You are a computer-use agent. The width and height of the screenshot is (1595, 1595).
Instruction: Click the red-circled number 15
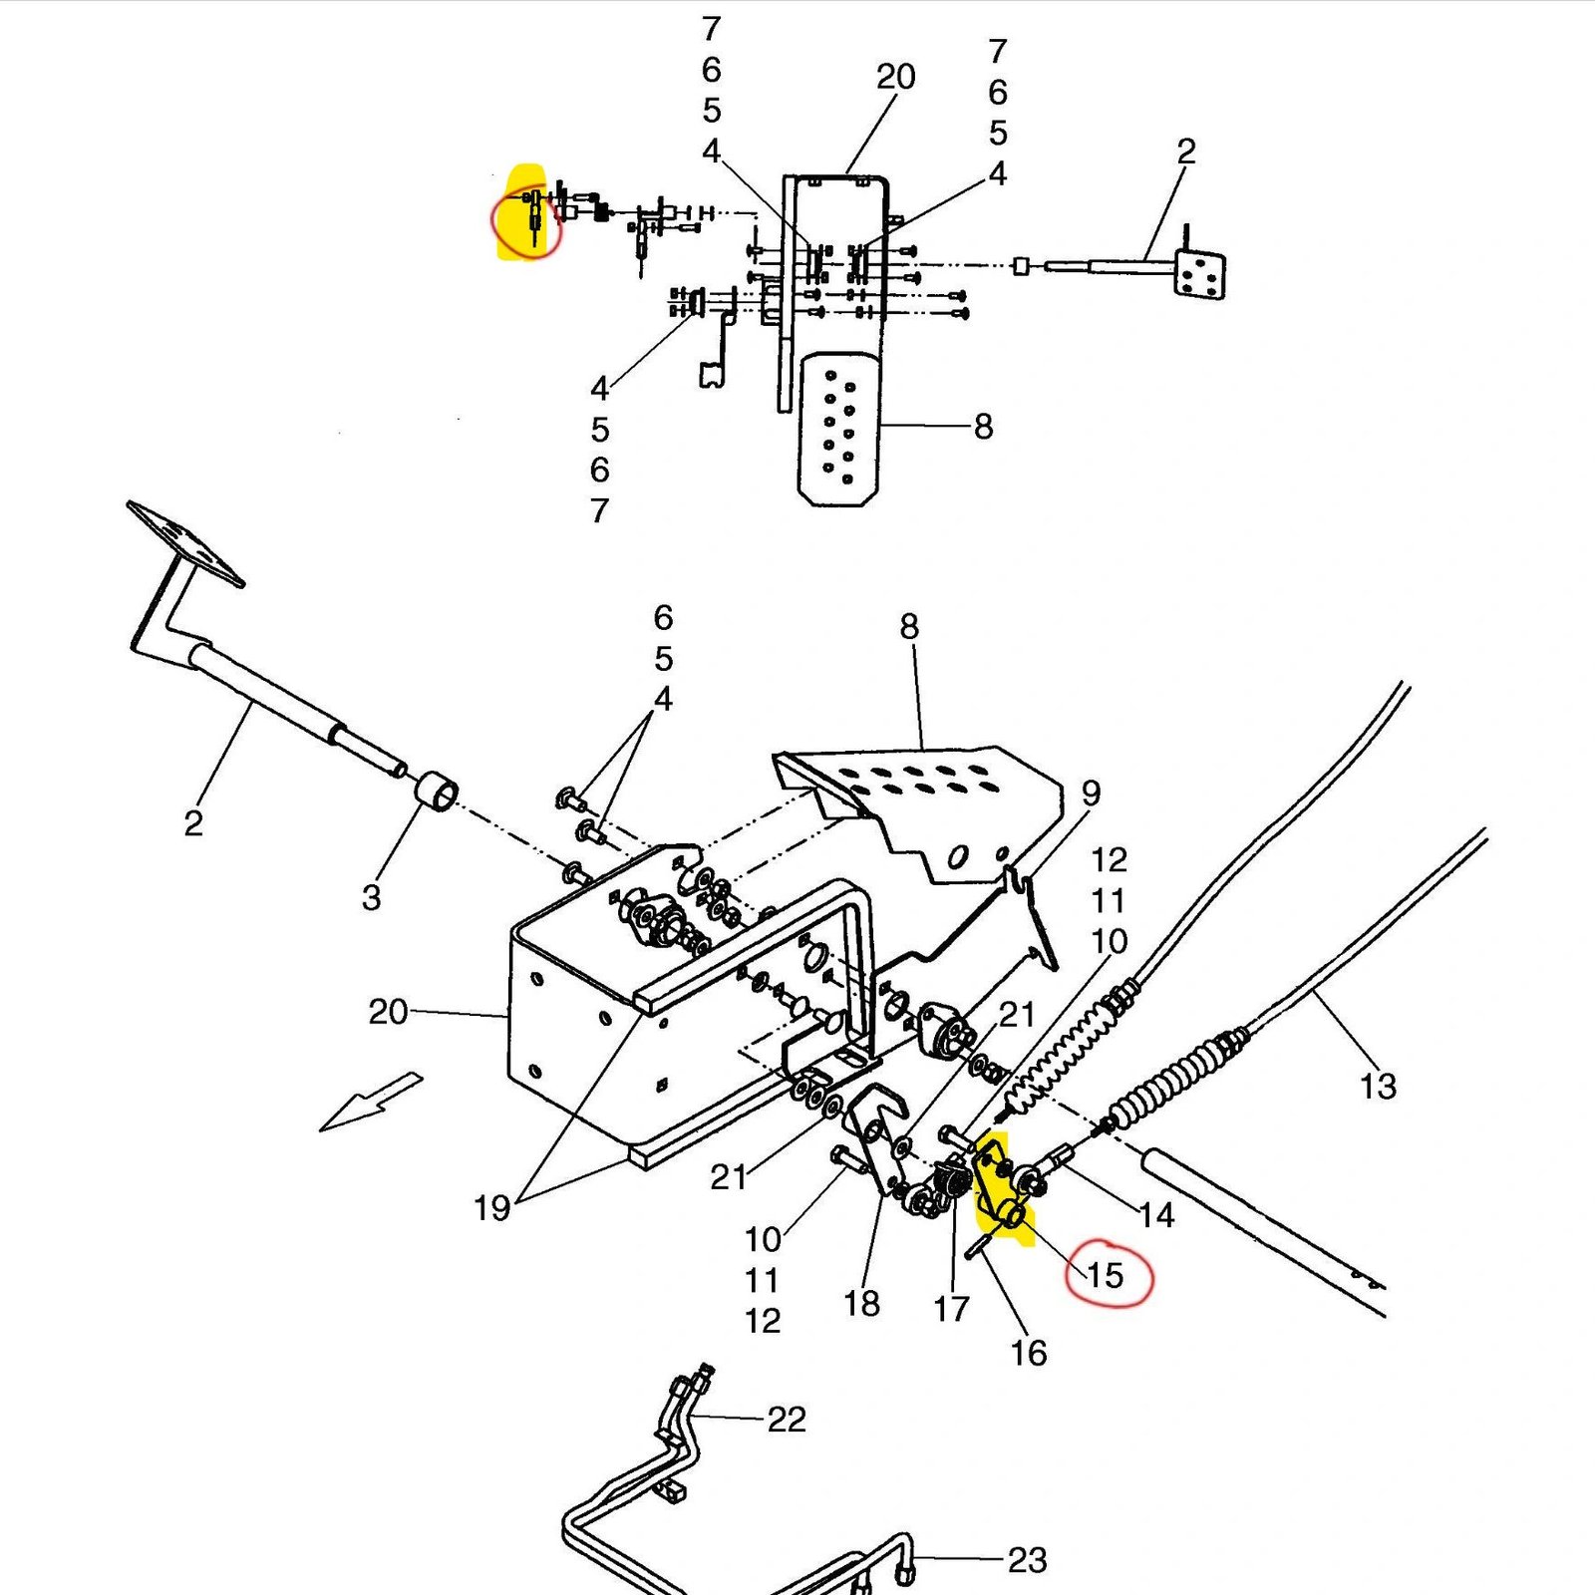1105,1275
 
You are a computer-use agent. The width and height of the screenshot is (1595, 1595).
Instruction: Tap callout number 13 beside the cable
1378,1086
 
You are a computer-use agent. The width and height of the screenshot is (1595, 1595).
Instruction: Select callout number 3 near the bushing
371,897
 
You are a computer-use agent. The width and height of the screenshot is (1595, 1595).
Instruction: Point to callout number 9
1091,794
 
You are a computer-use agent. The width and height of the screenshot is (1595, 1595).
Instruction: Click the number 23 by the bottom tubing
1027,1560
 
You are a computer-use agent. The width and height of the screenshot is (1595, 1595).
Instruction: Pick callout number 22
786,1419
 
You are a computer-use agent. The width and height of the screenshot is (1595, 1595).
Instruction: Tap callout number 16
1029,1353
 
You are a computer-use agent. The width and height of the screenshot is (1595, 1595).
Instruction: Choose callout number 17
951,1308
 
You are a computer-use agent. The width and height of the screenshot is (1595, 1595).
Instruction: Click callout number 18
861,1303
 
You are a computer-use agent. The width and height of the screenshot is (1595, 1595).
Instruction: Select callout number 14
1156,1215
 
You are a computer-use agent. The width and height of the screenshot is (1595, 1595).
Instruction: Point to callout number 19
491,1208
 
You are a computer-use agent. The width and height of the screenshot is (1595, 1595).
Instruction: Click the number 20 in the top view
895,77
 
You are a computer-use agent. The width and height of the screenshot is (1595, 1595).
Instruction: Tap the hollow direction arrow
370,1102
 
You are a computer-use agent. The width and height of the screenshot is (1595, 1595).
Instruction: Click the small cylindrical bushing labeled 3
437,795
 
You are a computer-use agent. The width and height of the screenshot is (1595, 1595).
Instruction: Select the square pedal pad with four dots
1199,273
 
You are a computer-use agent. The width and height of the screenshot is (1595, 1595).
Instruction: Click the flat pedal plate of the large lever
185,543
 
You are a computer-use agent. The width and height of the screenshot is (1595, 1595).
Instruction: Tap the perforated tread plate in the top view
839,429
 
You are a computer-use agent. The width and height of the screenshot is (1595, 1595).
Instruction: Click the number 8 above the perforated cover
908,627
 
